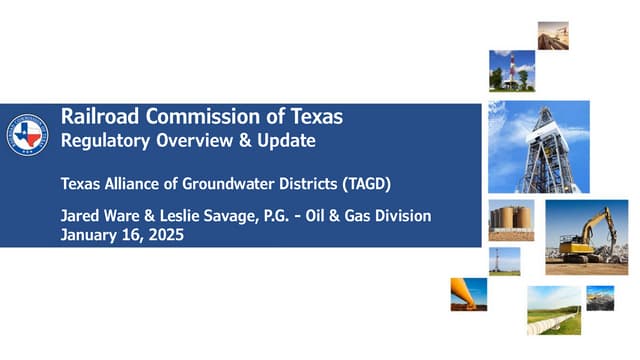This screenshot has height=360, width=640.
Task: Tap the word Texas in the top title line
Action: tap(315, 117)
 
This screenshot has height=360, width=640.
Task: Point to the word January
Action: tap(88, 236)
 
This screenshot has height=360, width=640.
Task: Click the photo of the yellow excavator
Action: tap(586, 237)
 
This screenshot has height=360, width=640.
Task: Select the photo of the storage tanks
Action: tap(511, 219)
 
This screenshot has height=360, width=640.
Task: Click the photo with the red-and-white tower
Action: tap(509, 71)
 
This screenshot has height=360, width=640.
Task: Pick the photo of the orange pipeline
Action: tap(469, 294)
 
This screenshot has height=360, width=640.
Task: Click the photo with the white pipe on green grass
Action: tap(553, 310)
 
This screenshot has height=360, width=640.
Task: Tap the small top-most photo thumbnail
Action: tap(552, 35)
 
